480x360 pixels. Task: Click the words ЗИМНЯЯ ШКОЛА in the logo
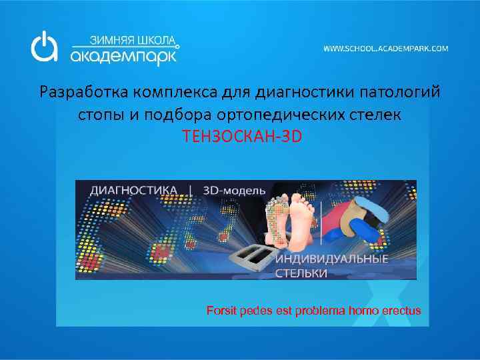125,39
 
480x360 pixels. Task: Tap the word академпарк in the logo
124,56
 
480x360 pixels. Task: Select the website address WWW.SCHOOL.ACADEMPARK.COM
386,49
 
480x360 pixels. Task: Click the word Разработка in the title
83,91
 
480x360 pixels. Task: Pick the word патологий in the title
399,91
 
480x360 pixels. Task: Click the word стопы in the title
101,114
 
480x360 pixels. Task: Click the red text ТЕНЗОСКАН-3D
243,137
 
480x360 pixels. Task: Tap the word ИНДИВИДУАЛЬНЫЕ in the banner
331,259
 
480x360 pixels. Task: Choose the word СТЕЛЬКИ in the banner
301,273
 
